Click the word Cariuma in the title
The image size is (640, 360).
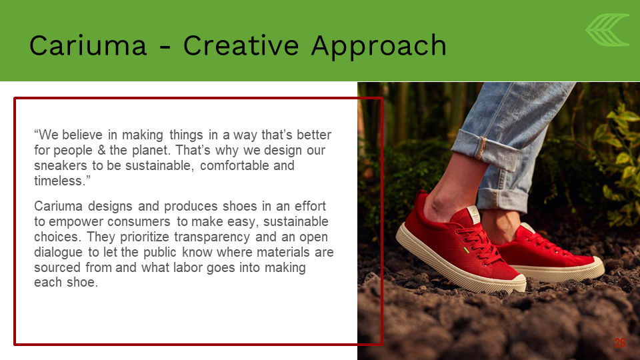tap(88, 45)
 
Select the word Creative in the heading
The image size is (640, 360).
tap(241, 45)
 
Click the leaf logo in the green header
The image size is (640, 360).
tap(607, 30)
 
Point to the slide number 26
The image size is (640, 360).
tap(619, 343)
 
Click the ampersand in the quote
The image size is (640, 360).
tap(101, 150)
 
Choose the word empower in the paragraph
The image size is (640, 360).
tap(75, 222)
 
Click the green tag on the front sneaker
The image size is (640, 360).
tap(466, 250)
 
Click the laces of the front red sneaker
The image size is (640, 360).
tap(481, 245)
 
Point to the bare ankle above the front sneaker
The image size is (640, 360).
tap(451, 193)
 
